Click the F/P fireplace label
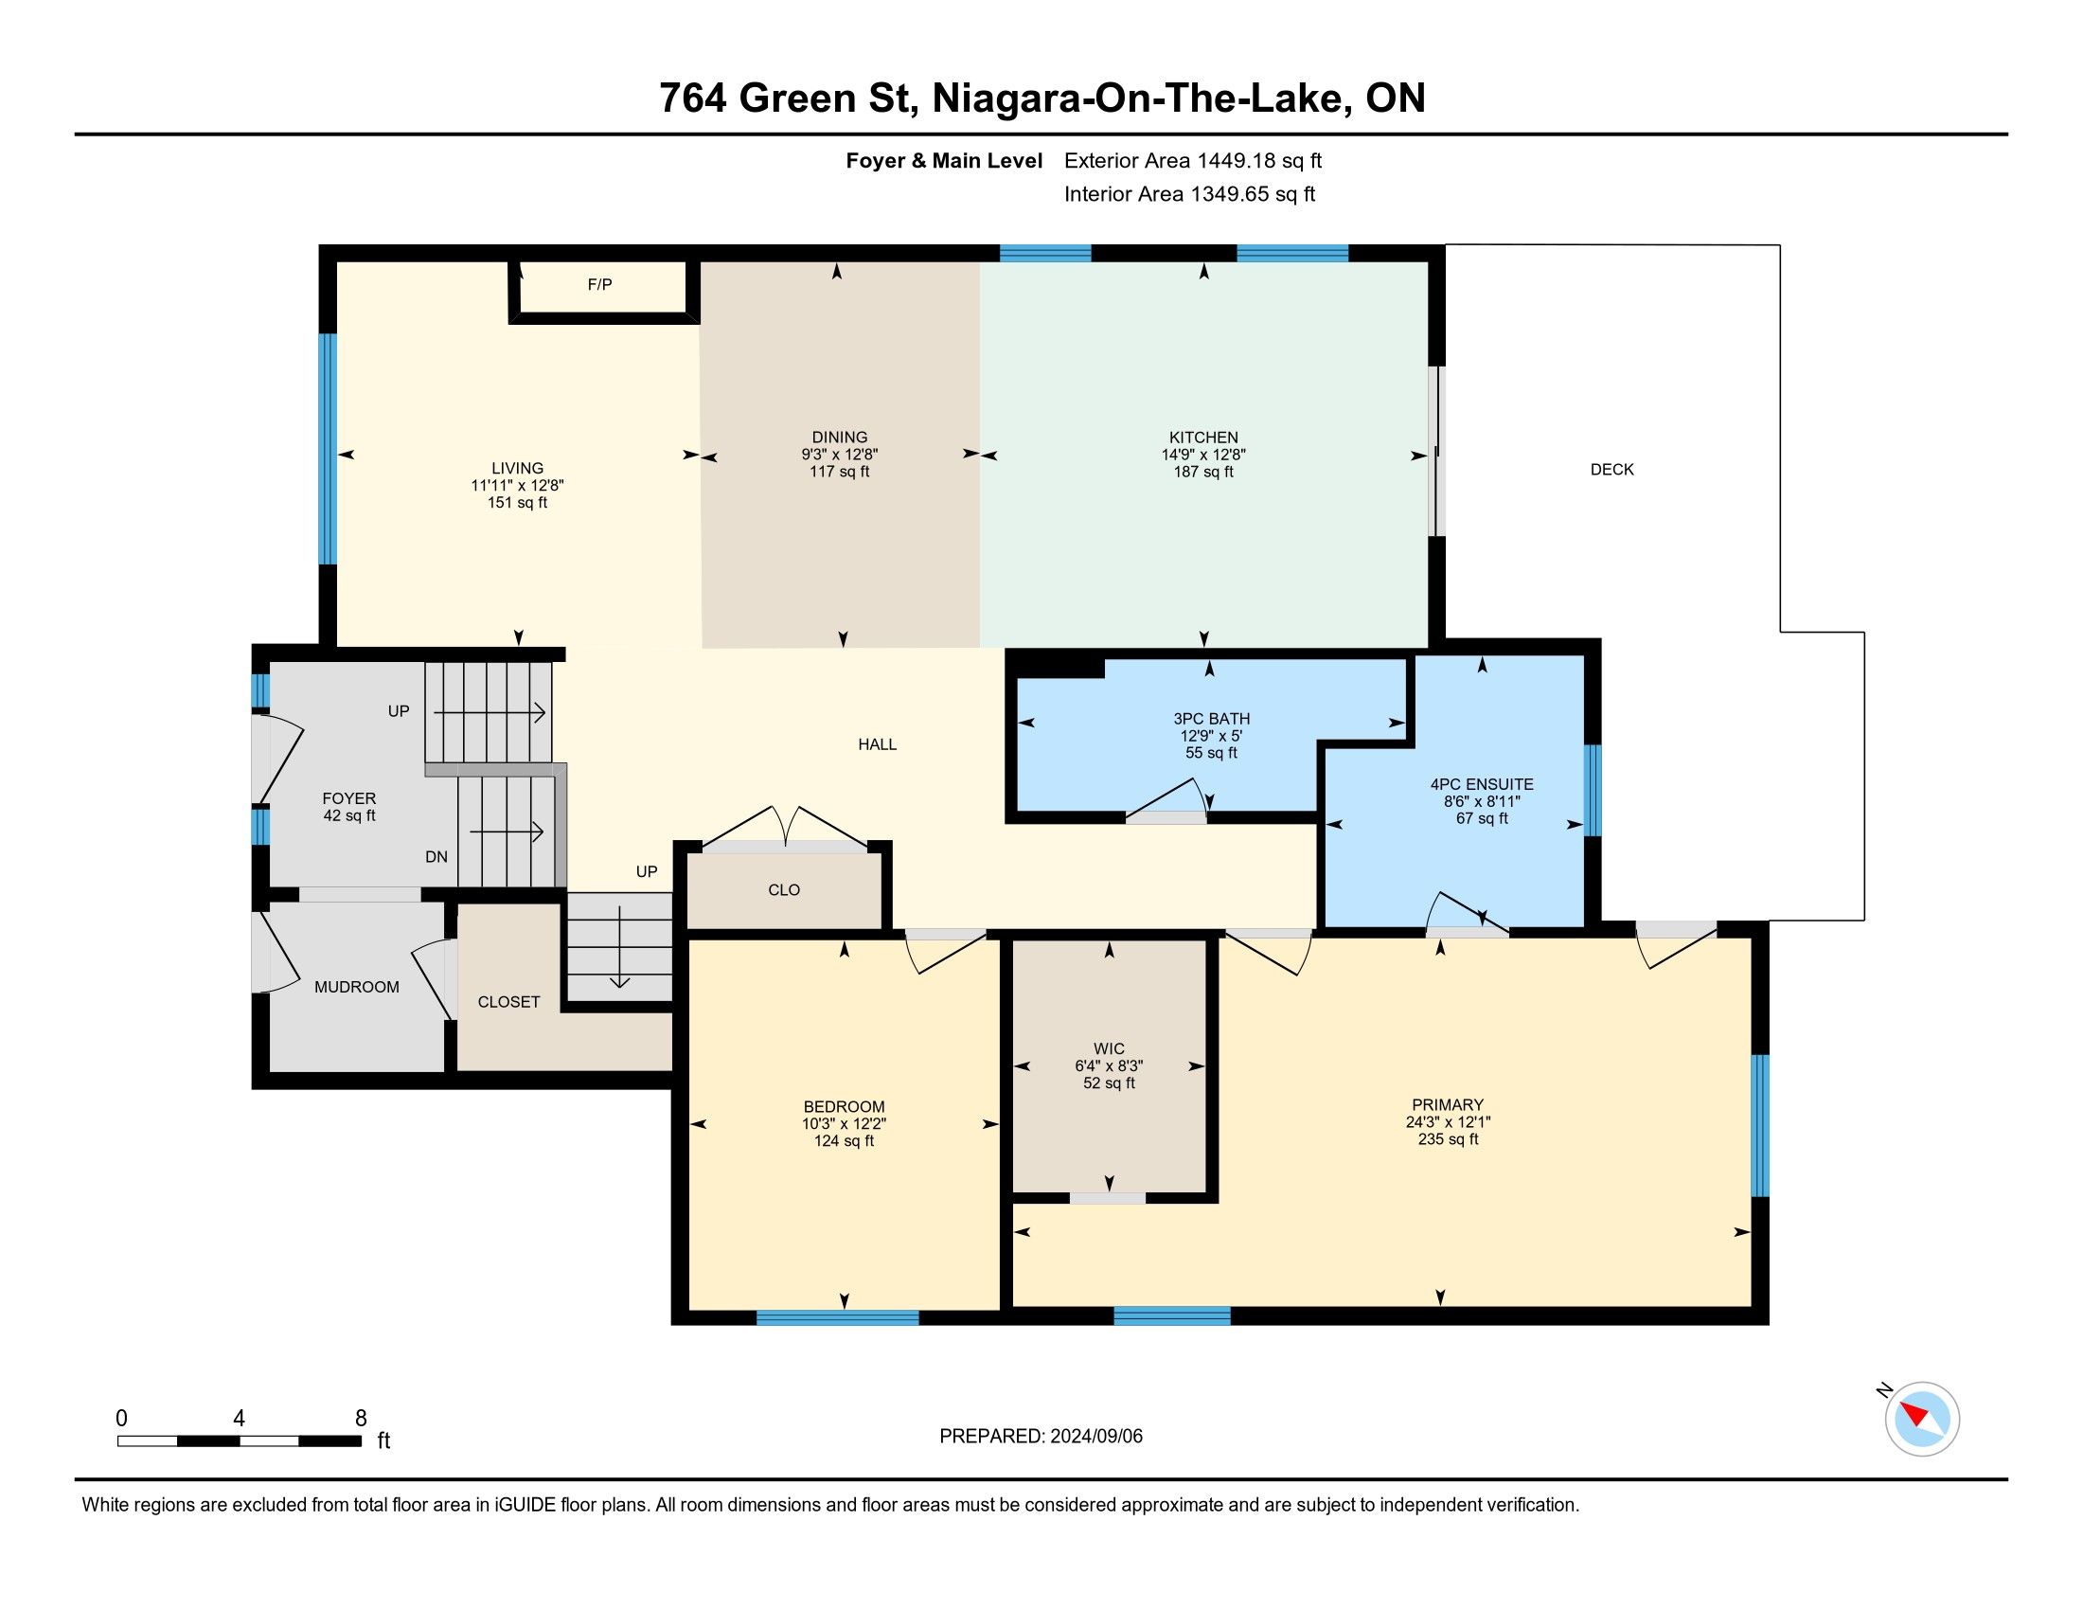(599, 284)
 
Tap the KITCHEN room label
(1203, 438)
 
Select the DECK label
(1611, 469)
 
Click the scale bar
(240, 1440)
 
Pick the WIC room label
(1109, 1049)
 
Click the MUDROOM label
(357, 987)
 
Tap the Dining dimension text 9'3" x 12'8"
(839, 455)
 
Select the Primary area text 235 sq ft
(1448, 1138)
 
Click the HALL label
(878, 744)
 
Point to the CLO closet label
(784, 890)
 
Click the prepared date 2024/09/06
(1095, 1437)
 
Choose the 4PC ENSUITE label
(1482, 784)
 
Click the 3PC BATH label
(1211, 718)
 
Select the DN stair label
(436, 856)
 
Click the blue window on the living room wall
(328, 448)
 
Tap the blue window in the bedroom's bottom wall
(837, 1317)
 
